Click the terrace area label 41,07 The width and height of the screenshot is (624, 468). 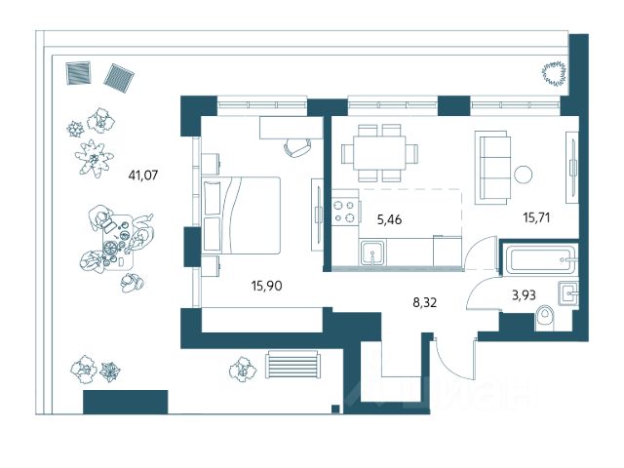[142, 176]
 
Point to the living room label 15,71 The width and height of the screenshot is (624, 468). [537, 216]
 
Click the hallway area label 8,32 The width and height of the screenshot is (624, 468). [426, 303]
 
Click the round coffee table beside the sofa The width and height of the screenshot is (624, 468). [524, 175]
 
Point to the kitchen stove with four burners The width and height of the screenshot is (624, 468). [345, 212]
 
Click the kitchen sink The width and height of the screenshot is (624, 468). [372, 255]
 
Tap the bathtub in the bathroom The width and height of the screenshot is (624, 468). [541, 260]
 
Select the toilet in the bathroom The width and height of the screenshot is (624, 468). [548, 317]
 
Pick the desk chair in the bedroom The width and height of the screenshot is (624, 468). [297, 146]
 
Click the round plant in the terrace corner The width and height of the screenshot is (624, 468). [555, 71]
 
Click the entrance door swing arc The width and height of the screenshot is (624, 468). [450, 357]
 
